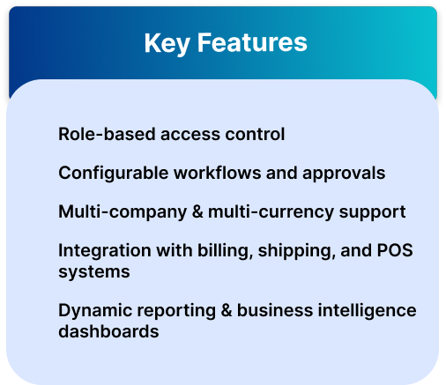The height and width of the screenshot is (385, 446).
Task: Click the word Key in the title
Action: tap(167, 43)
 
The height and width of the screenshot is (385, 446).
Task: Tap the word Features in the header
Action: tap(252, 42)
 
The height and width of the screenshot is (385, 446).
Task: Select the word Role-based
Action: tap(107, 134)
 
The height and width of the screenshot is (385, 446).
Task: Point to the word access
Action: tap(190, 135)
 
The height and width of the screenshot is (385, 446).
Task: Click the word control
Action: tap(255, 134)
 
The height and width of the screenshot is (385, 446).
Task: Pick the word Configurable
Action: tap(114, 174)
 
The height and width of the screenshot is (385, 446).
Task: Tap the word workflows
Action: tap(218, 173)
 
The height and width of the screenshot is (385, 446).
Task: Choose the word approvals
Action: tap(344, 174)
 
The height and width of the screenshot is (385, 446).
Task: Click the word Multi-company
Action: tap(123, 212)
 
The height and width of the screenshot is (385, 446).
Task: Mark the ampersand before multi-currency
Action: tap(197, 211)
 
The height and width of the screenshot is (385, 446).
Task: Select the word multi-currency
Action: tap(271, 212)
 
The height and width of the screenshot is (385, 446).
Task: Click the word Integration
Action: tap(105, 250)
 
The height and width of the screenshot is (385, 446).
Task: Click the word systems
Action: tap(94, 272)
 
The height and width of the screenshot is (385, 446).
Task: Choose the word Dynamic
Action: tap(95, 311)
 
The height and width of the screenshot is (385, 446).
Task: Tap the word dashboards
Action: tap(108, 331)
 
